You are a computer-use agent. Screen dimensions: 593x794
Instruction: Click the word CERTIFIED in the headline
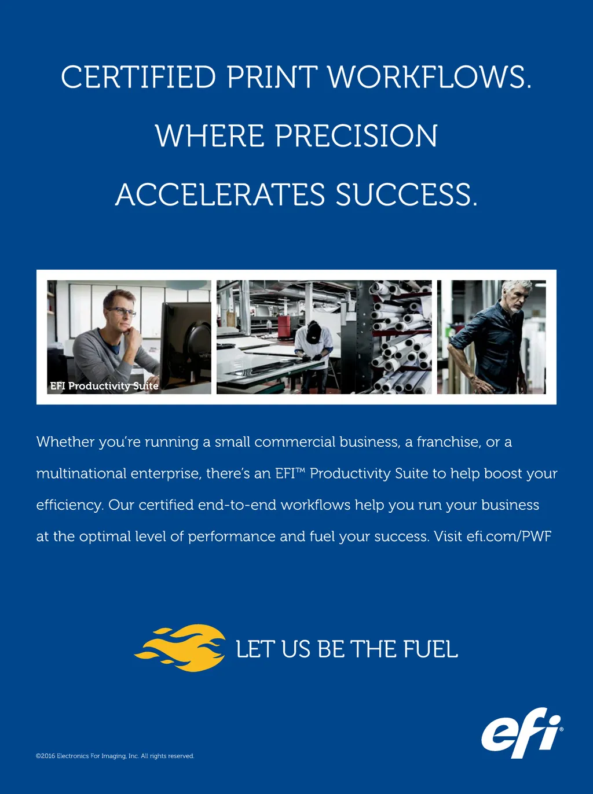(138, 77)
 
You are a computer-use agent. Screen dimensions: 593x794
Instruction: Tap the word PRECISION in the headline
(356, 135)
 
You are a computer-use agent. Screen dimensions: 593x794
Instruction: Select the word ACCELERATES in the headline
(220, 194)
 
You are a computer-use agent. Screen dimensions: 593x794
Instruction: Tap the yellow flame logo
(180, 648)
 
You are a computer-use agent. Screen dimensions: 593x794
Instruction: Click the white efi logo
(522, 733)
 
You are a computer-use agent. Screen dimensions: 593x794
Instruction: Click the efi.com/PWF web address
(508, 536)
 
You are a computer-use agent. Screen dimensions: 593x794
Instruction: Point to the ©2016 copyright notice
(115, 756)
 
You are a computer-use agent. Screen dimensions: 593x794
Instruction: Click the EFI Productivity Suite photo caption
(104, 386)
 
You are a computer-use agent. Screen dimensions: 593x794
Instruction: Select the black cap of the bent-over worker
(313, 332)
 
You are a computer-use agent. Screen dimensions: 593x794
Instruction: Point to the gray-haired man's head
(517, 297)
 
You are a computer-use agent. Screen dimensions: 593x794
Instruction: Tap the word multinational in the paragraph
(82, 473)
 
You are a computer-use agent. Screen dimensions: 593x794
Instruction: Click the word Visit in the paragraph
(448, 536)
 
